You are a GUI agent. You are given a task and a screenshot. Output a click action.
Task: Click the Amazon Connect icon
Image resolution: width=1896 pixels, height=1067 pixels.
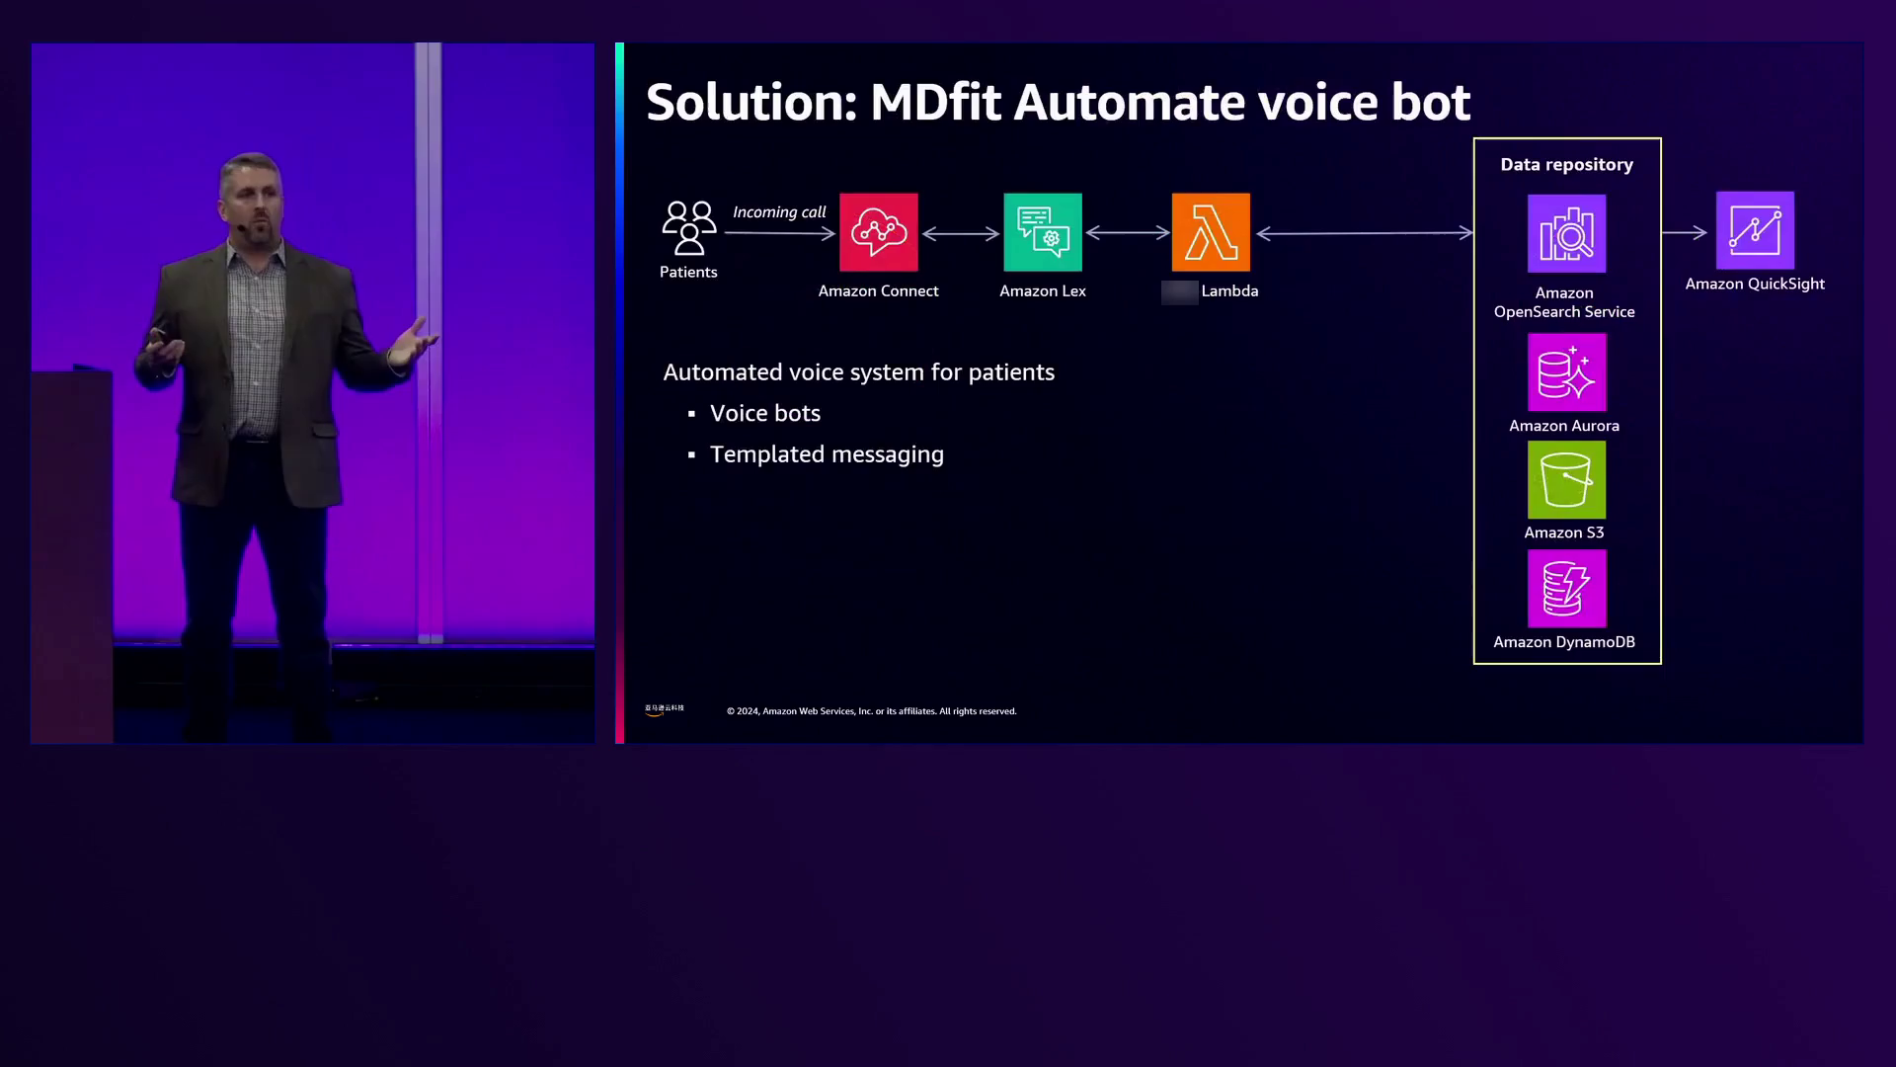(x=878, y=232)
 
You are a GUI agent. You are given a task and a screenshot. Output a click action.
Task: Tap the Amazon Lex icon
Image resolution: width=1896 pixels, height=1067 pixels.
(x=1042, y=232)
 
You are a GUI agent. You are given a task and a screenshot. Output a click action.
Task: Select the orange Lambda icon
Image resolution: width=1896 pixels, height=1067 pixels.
(x=1211, y=232)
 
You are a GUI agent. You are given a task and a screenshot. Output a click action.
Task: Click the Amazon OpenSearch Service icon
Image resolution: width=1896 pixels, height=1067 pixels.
(x=1566, y=233)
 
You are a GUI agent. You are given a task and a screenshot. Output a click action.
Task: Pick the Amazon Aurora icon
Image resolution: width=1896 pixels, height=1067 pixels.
(x=1566, y=372)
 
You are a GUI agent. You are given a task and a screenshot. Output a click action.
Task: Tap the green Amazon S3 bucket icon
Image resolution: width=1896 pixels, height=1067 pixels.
(x=1566, y=480)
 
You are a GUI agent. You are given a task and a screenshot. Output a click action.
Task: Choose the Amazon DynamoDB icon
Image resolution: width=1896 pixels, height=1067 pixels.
(x=1566, y=589)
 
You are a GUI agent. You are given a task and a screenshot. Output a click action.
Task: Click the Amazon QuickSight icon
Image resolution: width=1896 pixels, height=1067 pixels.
(x=1755, y=231)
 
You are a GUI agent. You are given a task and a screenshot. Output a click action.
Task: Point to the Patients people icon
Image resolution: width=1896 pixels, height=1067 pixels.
(x=688, y=228)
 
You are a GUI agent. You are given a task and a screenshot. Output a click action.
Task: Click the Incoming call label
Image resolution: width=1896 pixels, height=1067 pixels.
(x=779, y=212)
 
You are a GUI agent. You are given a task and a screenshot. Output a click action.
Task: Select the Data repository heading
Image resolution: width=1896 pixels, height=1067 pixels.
(x=1566, y=165)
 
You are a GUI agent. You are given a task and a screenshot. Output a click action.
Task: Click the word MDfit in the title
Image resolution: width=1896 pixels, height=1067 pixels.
(x=935, y=103)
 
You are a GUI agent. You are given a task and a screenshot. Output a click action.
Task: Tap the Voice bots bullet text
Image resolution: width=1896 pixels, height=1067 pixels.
(x=765, y=414)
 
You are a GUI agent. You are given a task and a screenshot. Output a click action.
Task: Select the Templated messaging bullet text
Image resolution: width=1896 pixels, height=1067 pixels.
(x=827, y=454)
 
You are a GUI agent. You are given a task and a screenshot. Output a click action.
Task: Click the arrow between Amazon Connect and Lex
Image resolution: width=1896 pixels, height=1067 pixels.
(x=961, y=233)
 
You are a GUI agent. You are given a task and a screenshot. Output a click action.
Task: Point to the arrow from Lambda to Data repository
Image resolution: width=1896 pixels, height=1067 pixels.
(x=1365, y=233)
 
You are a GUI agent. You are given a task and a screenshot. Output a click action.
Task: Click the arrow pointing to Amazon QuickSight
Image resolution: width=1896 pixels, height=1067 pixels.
(x=1684, y=233)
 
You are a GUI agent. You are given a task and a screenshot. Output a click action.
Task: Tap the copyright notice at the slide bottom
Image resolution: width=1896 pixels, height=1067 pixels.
(x=871, y=711)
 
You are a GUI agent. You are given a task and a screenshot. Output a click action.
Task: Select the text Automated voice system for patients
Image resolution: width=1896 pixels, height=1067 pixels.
(x=858, y=372)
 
